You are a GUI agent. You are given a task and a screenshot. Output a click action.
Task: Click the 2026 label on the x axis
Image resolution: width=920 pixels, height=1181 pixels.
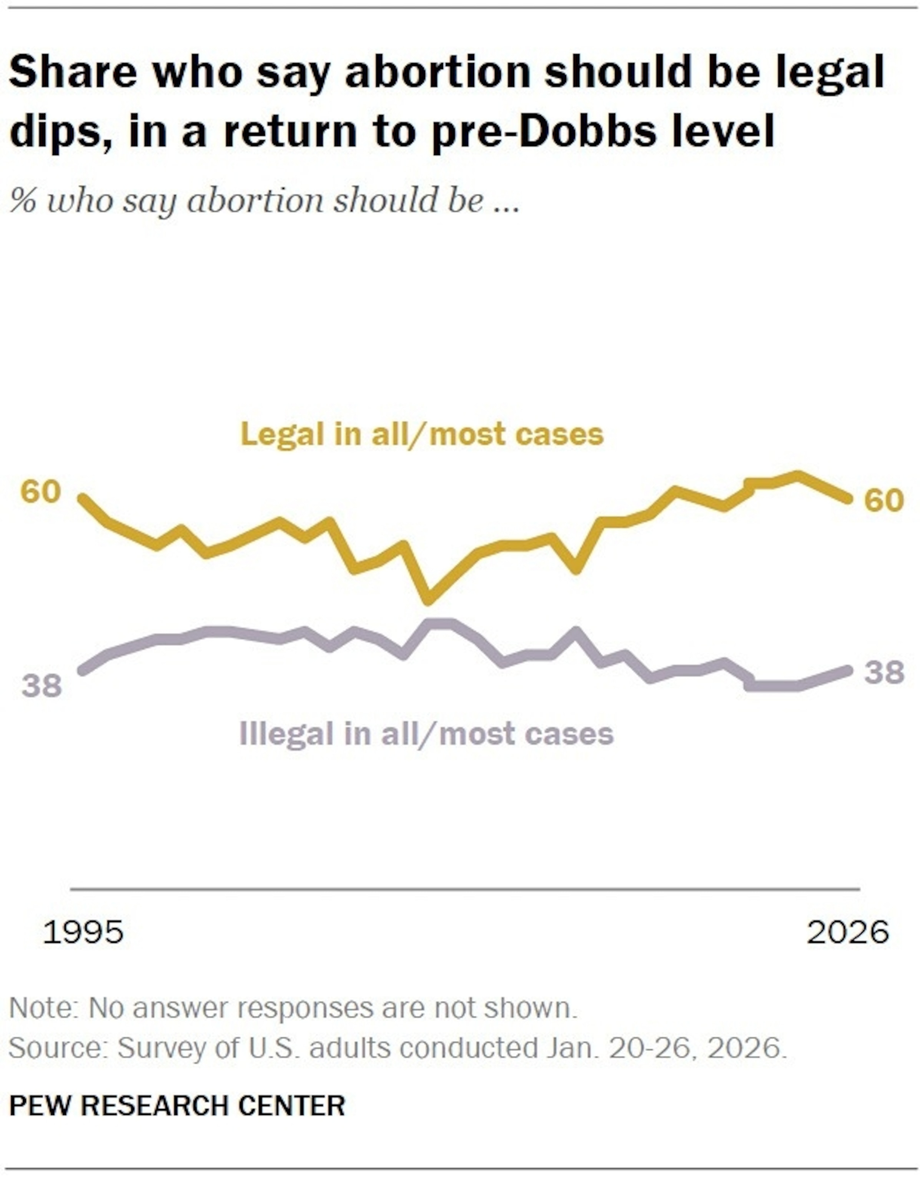(x=847, y=932)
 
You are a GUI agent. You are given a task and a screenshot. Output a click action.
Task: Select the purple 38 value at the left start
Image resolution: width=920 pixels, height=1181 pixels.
(x=42, y=685)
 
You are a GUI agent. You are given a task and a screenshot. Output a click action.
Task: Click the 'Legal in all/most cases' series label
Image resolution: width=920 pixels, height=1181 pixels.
(x=422, y=434)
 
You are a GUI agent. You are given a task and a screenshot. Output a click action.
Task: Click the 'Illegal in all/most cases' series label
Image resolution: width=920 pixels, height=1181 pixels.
(x=426, y=734)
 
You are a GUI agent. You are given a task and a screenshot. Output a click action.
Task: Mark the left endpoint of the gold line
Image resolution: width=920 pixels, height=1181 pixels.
(x=83, y=498)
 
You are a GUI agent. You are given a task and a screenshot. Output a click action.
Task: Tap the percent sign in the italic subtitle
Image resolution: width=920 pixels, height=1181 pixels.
(x=23, y=201)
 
